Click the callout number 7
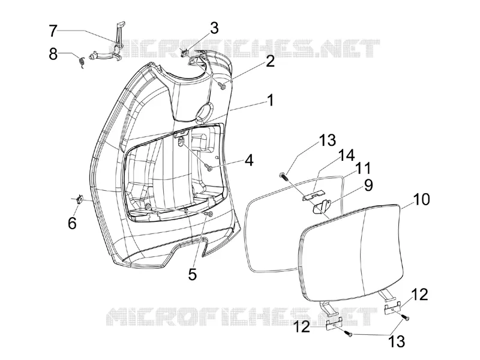(53, 31)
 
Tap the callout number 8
(53, 55)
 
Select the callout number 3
(214, 28)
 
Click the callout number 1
(270, 100)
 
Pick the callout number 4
(250, 160)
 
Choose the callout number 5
(192, 274)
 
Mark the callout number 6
(72, 223)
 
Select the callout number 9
(368, 185)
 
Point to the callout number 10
(422, 199)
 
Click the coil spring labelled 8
(82, 62)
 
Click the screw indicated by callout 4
(208, 166)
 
